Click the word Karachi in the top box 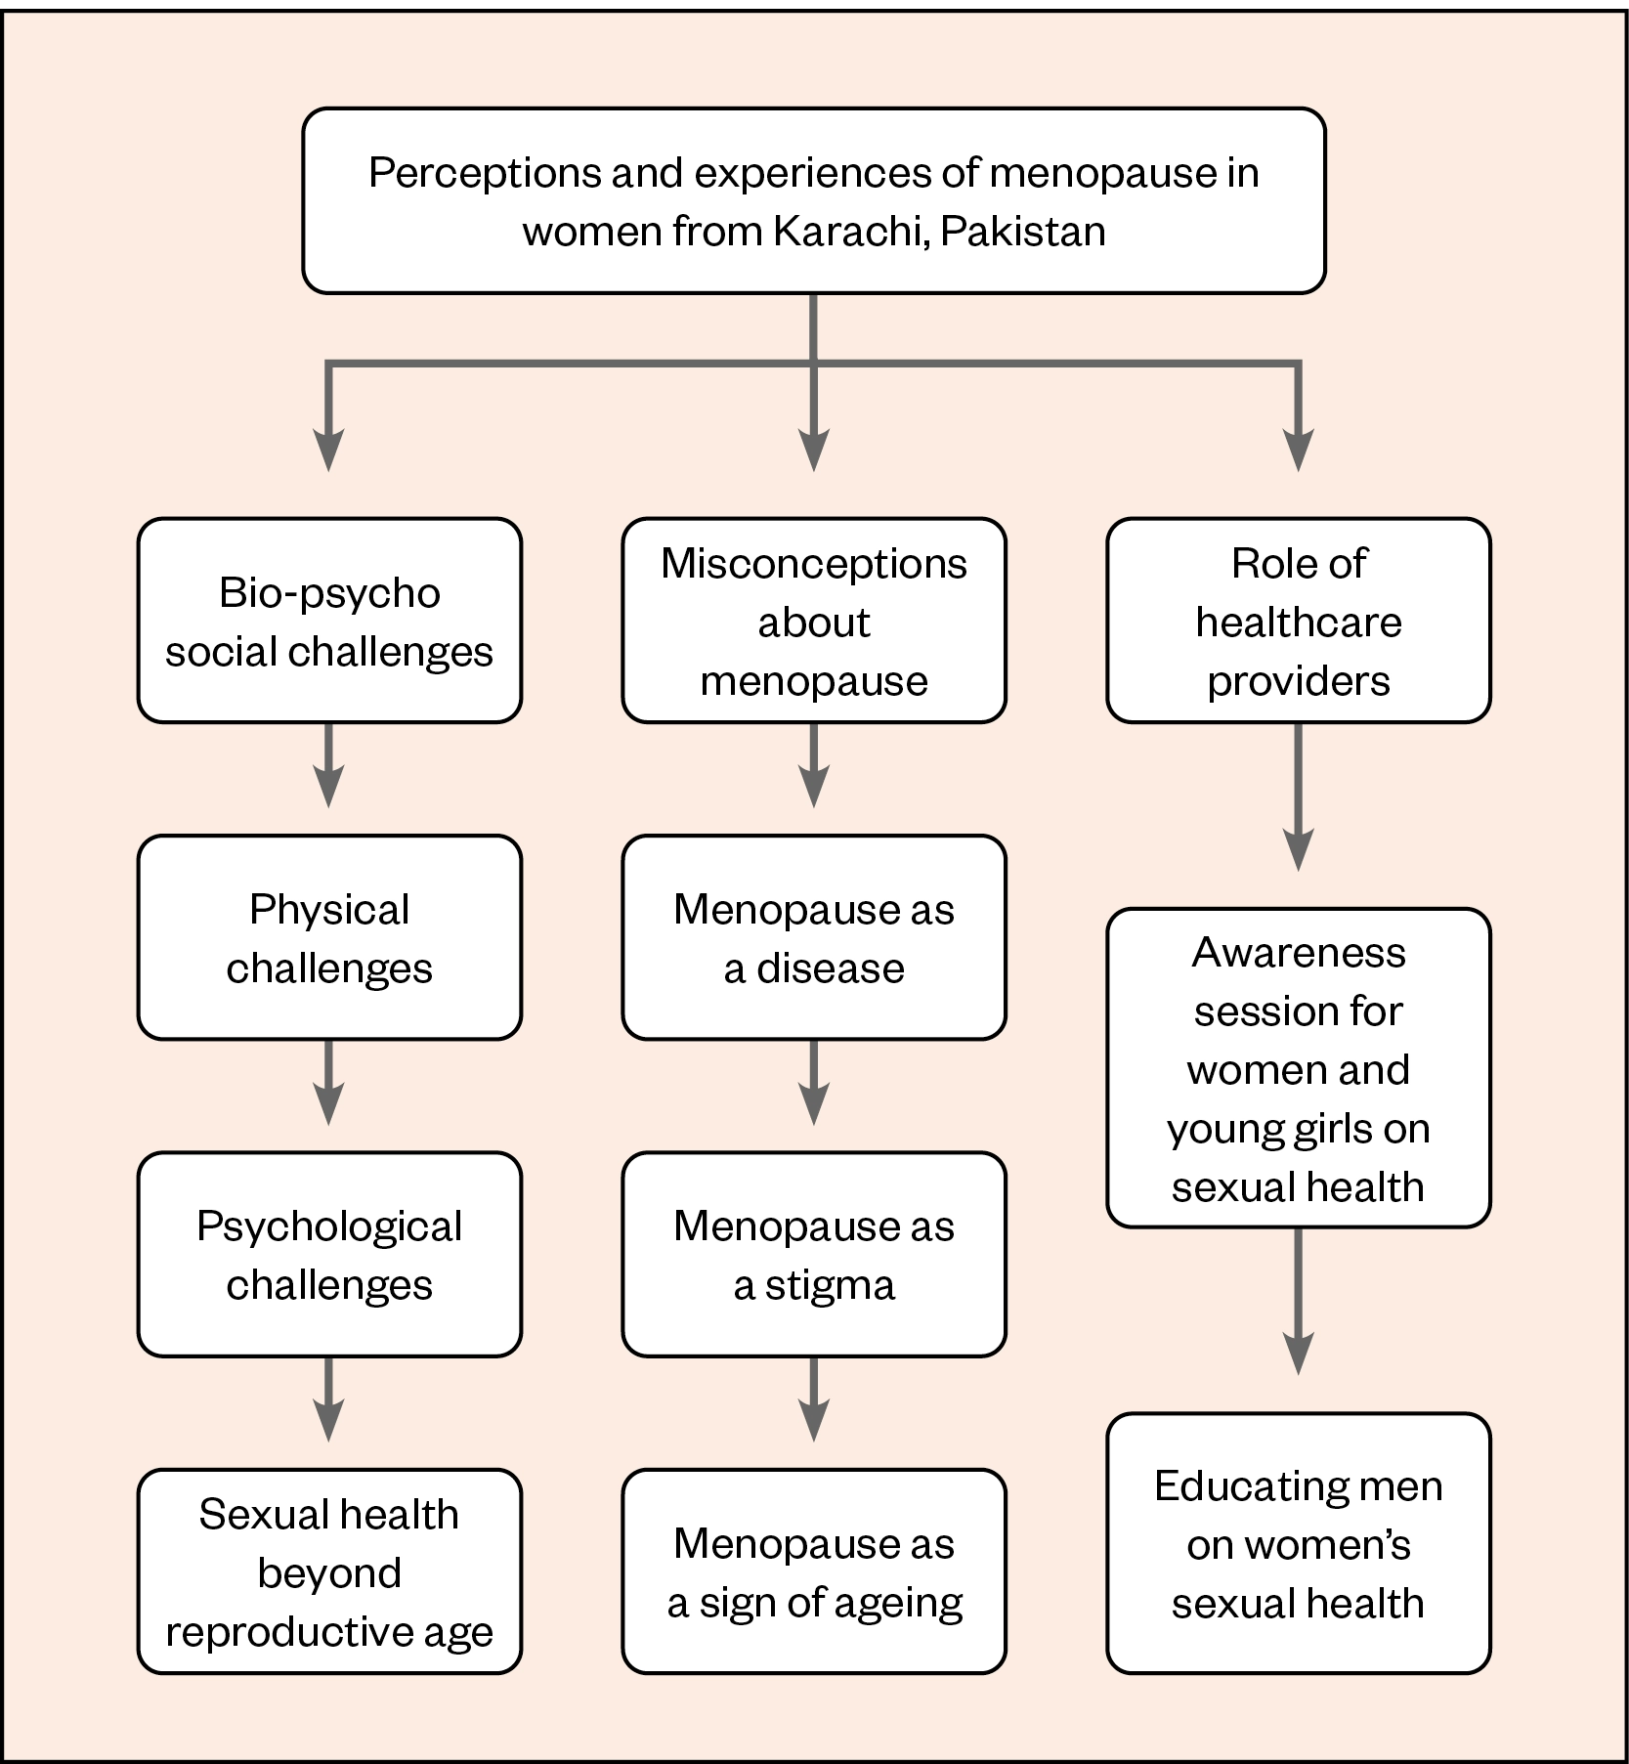(x=849, y=232)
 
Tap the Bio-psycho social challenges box (x=329, y=621)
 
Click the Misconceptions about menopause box (x=814, y=621)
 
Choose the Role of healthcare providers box (x=1298, y=621)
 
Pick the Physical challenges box (x=329, y=937)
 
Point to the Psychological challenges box (x=329, y=1254)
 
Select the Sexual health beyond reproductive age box (x=329, y=1571)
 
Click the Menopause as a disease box (x=814, y=937)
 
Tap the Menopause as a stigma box (x=814, y=1254)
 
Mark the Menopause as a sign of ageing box (x=814, y=1571)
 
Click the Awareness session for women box (x=1298, y=1068)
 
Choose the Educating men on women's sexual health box (x=1298, y=1543)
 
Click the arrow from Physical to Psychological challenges (x=329, y=1083)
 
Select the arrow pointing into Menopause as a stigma (x=814, y=1083)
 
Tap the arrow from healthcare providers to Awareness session (x=1298, y=796)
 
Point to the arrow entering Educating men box (x=1298, y=1301)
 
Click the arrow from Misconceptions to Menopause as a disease (x=814, y=765)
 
